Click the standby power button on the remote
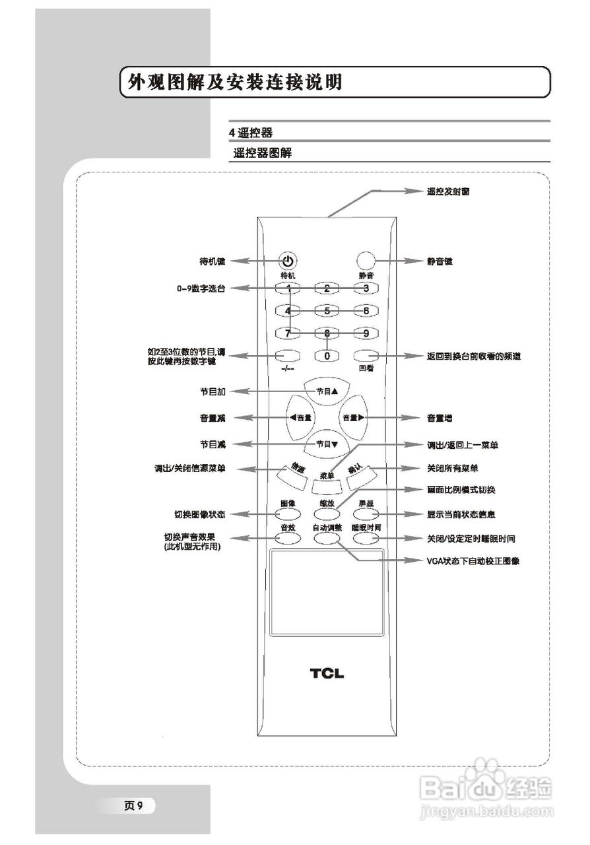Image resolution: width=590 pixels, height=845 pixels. pyautogui.click(x=288, y=260)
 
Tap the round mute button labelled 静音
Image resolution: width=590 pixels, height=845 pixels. pyautogui.click(x=366, y=260)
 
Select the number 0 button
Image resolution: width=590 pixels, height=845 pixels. pyautogui.click(x=327, y=355)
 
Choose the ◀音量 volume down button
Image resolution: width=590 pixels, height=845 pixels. pyautogui.click(x=300, y=418)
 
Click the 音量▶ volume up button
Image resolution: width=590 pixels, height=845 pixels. pyautogui.click(x=353, y=418)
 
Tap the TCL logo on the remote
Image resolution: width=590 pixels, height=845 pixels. pyautogui.click(x=327, y=673)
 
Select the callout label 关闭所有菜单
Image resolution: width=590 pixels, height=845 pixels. pyautogui.click(x=453, y=468)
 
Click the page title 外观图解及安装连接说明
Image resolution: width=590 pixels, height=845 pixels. pyautogui.click(x=235, y=83)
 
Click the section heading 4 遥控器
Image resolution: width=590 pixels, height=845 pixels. pyautogui.click(x=251, y=133)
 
